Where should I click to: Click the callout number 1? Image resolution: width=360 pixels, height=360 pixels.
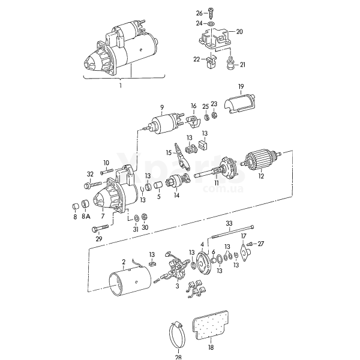120,86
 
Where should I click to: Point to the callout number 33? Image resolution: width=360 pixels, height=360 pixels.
229,223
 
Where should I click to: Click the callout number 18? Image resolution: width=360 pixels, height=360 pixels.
211,347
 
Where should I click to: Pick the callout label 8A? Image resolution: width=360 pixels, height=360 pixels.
85,216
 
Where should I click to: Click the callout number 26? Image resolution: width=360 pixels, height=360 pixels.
199,13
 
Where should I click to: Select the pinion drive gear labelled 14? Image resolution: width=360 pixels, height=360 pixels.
177,180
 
